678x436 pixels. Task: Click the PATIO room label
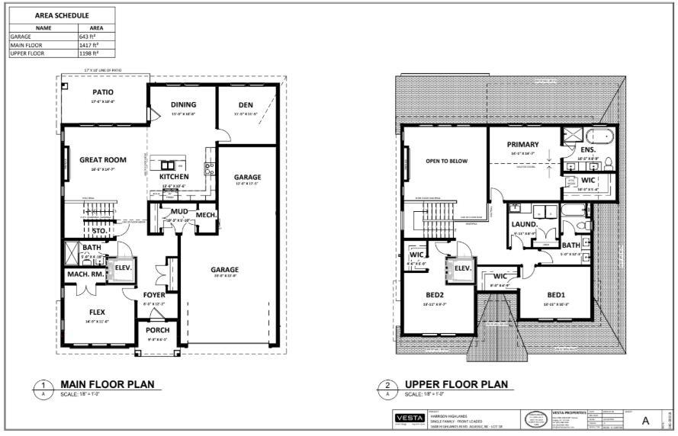point(103,92)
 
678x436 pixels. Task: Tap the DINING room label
point(183,104)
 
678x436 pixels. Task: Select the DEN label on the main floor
point(245,104)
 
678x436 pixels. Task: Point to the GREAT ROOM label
point(103,160)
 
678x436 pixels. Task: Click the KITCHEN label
point(174,177)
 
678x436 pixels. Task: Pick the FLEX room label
point(97,313)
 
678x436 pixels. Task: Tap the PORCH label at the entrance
point(158,330)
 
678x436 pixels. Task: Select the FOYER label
point(155,295)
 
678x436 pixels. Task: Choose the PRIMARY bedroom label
point(523,144)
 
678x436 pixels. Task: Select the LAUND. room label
point(525,225)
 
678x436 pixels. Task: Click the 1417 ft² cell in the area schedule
point(89,45)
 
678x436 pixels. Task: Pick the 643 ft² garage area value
point(88,37)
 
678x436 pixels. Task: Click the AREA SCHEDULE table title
point(62,15)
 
